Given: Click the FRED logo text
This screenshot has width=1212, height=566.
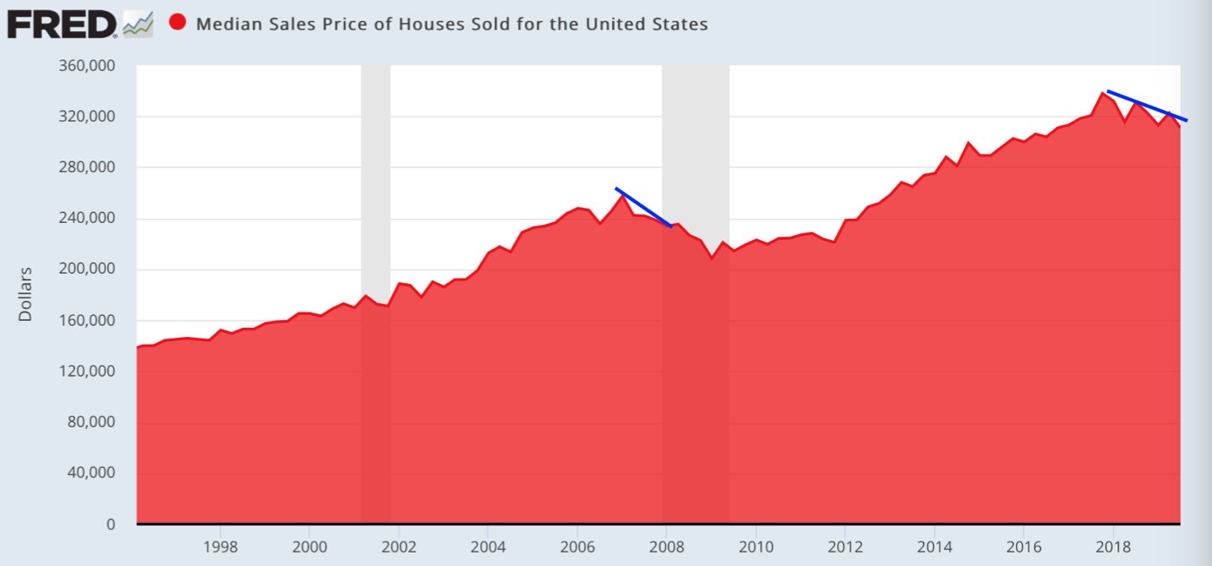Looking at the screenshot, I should [61, 24].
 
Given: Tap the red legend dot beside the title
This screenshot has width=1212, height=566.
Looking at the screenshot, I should [178, 23].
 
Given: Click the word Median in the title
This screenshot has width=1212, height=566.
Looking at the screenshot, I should [225, 24].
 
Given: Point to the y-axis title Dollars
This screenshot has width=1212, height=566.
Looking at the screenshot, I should [25, 294].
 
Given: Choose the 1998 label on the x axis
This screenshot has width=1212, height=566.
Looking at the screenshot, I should [220, 547].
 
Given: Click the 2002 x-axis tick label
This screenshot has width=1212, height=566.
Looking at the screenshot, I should [398, 547].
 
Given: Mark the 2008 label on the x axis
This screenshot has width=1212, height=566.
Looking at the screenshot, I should [666, 547].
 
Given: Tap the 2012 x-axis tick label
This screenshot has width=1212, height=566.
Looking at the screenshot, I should [845, 547].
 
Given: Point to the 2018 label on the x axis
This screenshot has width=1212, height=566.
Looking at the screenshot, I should [1112, 547].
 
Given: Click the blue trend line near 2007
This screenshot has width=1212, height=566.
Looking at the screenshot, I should [643, 207].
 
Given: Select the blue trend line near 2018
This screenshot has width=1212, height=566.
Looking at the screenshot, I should [1147, 106].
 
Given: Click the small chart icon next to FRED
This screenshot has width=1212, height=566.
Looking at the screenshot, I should [138, 24].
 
